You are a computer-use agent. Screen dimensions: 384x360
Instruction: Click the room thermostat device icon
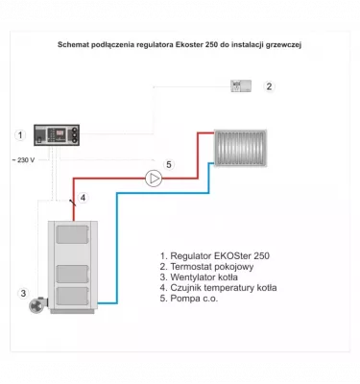[239, 86]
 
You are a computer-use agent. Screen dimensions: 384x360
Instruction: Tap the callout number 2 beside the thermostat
[269, 86]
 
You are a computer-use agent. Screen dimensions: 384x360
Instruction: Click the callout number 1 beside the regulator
[19, 135]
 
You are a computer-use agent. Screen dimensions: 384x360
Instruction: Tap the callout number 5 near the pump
[169, 165]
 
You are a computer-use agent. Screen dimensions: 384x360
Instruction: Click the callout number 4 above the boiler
[84, 199]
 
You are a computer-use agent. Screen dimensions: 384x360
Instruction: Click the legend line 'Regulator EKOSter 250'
[214, 256]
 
